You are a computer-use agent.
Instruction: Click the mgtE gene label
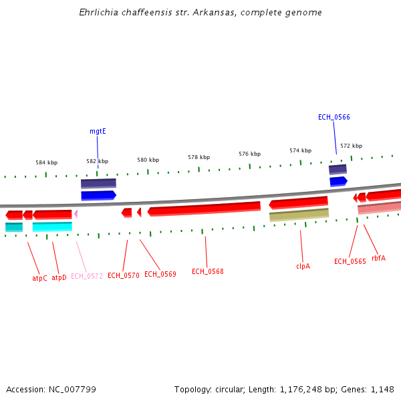tap(98, 132)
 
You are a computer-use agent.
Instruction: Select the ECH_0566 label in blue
tap(333, 117)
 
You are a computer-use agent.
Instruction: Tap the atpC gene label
tap(40, 277)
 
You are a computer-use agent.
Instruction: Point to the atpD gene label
tap(59, 277)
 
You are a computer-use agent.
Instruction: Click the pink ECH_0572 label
tap(87, 276)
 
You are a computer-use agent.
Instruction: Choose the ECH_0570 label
tap(123, 275)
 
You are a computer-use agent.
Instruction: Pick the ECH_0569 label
tap(160, 274)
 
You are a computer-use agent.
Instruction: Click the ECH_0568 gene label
tap(207, 271)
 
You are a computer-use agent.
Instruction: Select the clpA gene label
tap(303, 265)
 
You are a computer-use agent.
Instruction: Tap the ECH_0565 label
tap(350, 261)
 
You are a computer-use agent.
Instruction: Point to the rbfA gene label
tap(378, 258)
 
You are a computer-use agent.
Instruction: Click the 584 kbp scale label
tap(47, 162)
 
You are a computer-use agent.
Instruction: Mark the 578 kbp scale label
tap(198, 157)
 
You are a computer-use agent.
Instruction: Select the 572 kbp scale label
tap(351, 146)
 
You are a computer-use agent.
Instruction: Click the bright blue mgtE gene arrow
tap(98, 195)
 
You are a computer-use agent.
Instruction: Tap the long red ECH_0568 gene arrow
tap(204, 209)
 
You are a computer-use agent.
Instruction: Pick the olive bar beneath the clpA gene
tap(299, 215)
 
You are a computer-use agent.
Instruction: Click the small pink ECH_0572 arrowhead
tap(76, 214)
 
